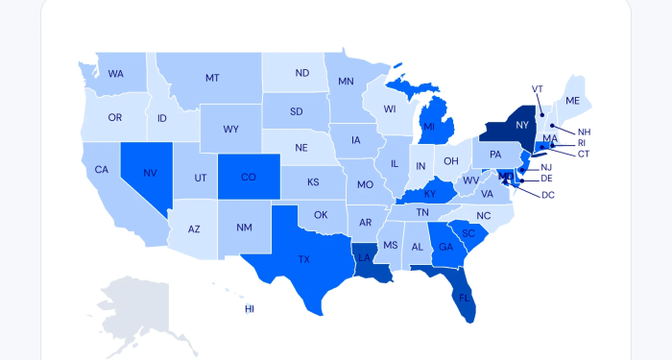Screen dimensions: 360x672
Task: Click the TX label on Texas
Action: click(303, 259)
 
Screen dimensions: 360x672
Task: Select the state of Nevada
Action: click(150, 174)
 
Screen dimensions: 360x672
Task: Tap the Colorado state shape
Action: click(248, 177)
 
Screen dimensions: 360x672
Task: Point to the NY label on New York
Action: click(522, 126)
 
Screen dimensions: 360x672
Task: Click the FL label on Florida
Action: click(465, 298)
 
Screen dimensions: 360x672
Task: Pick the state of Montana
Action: click(212, 78)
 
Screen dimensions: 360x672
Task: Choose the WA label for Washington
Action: click(116, 73)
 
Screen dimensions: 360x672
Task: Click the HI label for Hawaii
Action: click(250, 309)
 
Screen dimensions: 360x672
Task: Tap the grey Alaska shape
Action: click(134, 307)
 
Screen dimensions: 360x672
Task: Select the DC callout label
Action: click(548, 195)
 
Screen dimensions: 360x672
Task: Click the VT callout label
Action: click(538, 88)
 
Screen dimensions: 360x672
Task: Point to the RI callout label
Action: click(581, 143)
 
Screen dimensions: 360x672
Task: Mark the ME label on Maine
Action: click(573, 101)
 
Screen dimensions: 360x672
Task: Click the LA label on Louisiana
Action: click(364, 258)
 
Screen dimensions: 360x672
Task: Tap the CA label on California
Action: click(101, 170)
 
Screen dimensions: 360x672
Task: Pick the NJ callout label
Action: click(546, 167)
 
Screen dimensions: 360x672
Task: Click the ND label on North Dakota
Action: click(301, 73)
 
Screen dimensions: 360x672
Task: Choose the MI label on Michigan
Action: click(429, 126)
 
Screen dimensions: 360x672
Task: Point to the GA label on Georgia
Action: click(445, 247)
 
